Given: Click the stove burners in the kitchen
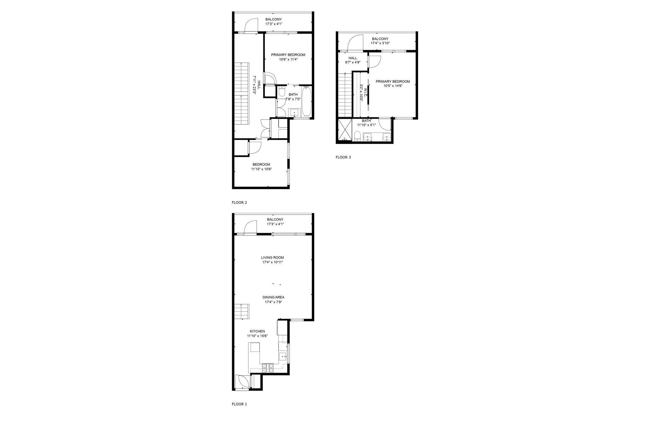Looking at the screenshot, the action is click(268, 368).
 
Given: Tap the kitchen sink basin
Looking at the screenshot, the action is click(283, 357).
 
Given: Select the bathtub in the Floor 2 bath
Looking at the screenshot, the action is click(306, 101).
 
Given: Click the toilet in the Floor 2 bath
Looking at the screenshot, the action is click(282, 91).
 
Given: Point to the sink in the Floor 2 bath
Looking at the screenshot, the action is click(294, 113).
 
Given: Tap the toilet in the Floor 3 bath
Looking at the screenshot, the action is click(357, 136).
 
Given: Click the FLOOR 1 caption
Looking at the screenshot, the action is click(239, 404).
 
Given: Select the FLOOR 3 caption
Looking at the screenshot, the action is click(343, 157).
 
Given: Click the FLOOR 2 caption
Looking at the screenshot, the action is click(239, 202).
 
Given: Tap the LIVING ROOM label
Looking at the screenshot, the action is click(272, 257).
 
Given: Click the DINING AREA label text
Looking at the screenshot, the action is click(273, 297).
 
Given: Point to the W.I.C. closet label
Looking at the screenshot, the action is click(366, 92).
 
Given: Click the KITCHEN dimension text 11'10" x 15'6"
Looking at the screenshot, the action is click(257, 336).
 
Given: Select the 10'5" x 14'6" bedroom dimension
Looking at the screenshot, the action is click(393, 86).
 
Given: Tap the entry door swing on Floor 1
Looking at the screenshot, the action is click(243, 381).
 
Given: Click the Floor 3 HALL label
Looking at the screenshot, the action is click(353, 58).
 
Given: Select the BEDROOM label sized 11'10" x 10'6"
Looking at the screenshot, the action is click(261, 164).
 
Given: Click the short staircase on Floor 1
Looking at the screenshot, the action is click(242, 311).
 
